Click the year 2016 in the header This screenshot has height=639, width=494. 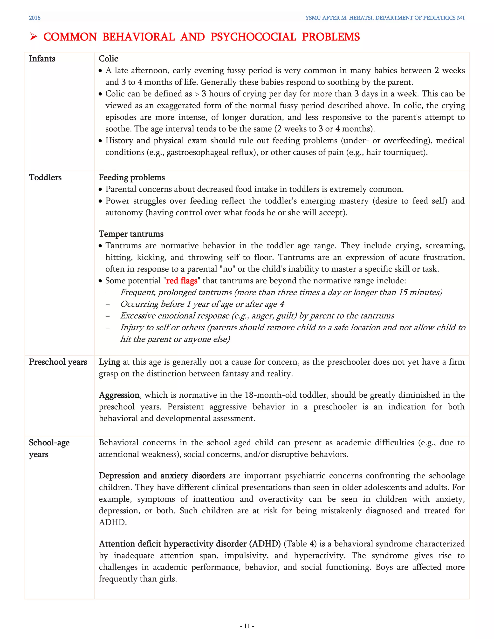(x=34, y=18)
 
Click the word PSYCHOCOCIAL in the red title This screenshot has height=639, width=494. (x=253, y=37)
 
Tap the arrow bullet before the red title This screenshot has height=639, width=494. (x=33, y=37)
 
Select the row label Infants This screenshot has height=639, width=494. (x=42, y=59)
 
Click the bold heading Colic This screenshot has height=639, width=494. (x=108, y=59)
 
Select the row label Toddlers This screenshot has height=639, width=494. (x=45, y=178)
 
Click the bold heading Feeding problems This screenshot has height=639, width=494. (x=132, y=178)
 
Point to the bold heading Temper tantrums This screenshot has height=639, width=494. (x=131, y=234)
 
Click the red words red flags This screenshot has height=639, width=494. (x=181, y=281)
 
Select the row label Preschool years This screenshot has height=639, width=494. (x=58, y=362)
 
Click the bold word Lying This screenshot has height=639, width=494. (x=109, y=362)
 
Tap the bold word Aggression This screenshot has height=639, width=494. (x=119, y=395)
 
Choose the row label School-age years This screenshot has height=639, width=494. (x=49, y=449)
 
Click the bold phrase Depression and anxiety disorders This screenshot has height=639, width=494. (x=162, y=476)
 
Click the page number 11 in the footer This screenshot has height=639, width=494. (x=247, y=626)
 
